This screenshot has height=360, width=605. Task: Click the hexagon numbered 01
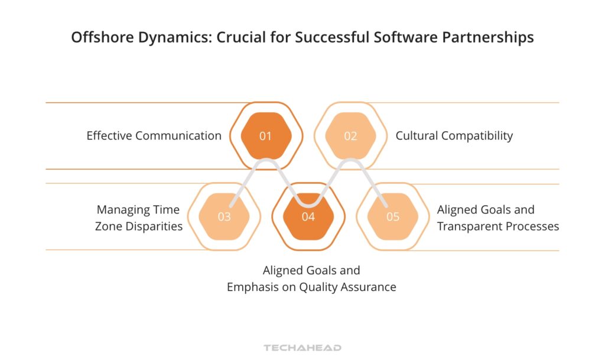(x=266, y=136)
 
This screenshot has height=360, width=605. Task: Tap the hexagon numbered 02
(x=350, y=136)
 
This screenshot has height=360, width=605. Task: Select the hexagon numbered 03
(x=225, y=216)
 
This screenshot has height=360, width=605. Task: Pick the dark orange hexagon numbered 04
(x=308, y=216)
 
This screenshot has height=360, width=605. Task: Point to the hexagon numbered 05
(x=393, y=216)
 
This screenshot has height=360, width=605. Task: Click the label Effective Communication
(x=154, y=136)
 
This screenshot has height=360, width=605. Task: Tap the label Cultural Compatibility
(x=454, y=136)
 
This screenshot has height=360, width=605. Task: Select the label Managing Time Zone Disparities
(x=139, y=218)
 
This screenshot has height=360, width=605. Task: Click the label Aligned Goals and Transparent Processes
(x=497, y=218)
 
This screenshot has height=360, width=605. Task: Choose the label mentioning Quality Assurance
(x=311, y=279)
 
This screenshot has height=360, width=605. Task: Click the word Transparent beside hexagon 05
(x=470, y=226)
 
